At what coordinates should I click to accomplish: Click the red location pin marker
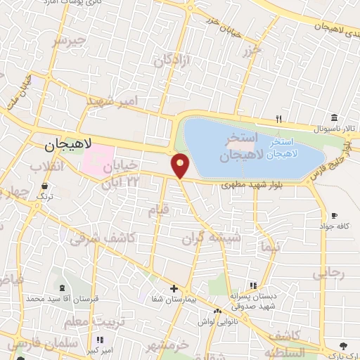(x=181, y=165)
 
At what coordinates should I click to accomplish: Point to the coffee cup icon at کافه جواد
(x=335, y=216)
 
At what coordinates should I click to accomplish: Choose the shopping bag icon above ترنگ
(x=45, y=186)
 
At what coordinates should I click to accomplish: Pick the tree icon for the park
(x=343, y=345)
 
